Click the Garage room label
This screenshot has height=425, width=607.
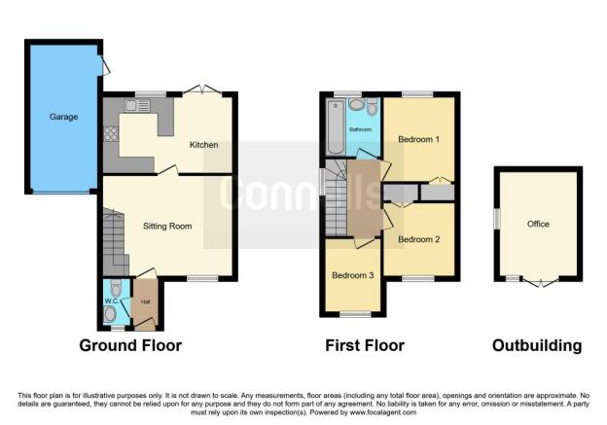point(63,117)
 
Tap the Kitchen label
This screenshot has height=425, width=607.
point(203,145)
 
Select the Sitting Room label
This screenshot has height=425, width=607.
point(167,226)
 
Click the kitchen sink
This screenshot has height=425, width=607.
point(137,105)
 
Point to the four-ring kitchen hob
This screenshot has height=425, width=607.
point(111,133)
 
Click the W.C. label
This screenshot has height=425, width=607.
point(112,301)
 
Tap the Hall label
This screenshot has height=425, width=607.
point(145,301)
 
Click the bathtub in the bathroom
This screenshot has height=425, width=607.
point(336,126)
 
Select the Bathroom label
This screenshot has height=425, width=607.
point(360,129)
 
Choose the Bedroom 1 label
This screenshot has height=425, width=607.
point(419,139)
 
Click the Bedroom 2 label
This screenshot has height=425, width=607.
point(419,239)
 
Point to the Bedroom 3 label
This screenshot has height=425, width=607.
point(353,275)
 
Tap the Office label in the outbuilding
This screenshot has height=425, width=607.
point(538,224)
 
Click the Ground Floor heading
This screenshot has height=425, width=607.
point(130,345)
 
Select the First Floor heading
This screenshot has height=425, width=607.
point(365,345)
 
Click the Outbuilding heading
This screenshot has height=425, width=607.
point(537,345)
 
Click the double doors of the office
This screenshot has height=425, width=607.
point(541,282)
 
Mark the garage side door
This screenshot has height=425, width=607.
point(104,65)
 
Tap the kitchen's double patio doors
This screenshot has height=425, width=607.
point(202,89)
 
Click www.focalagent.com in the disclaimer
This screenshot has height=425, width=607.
point(383,412)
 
